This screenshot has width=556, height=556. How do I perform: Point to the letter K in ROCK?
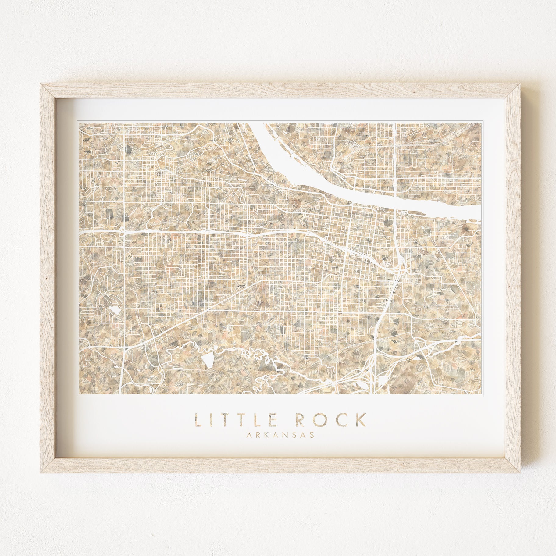point(360,420)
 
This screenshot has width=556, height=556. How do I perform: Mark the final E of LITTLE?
point(274,420)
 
